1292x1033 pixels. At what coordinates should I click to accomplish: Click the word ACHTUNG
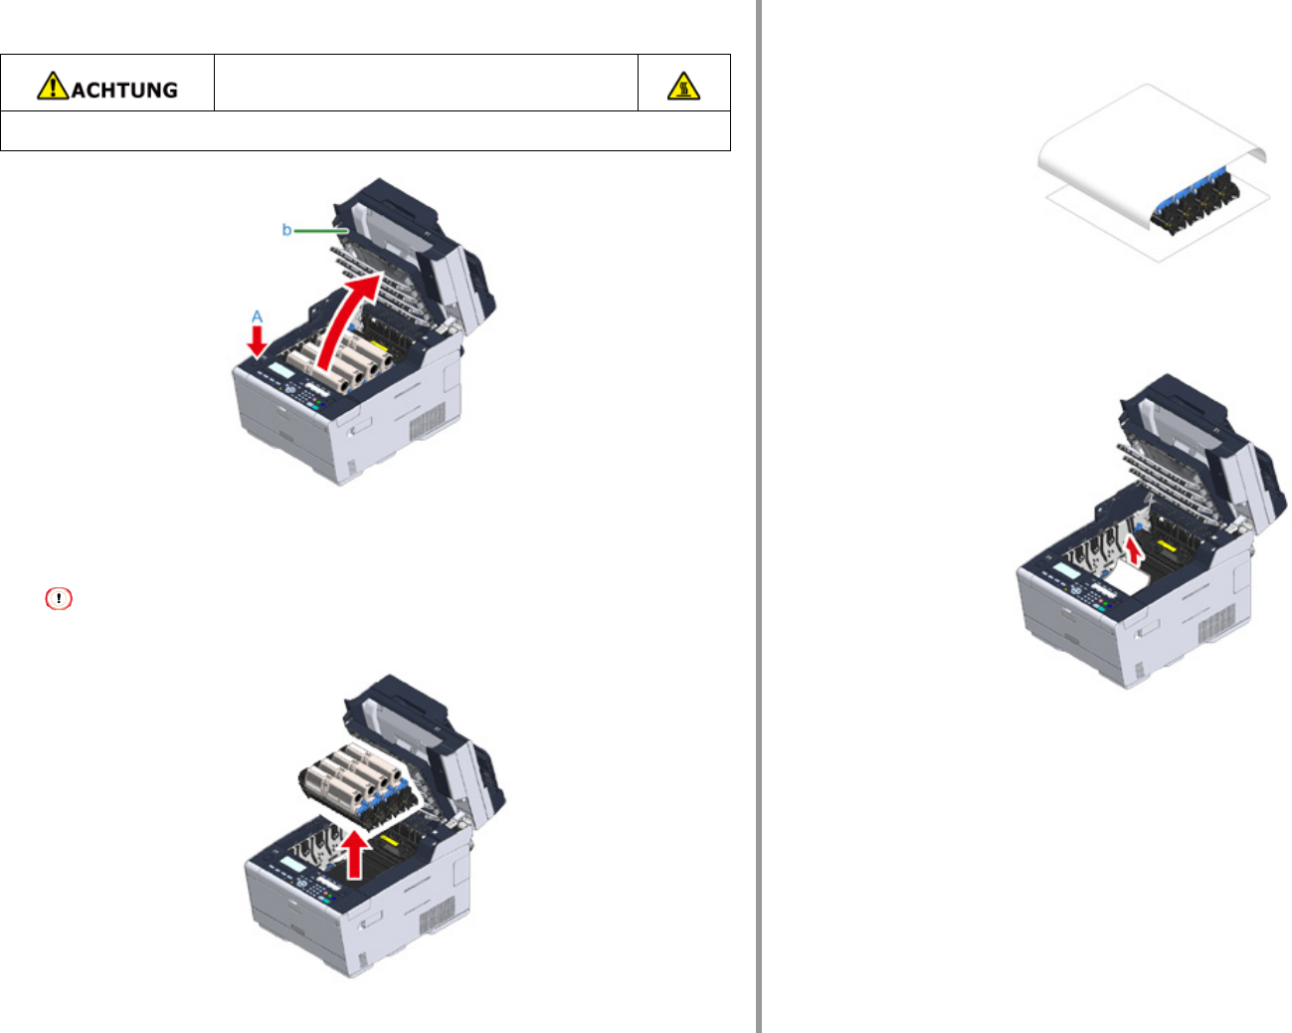click(x=125, y=91)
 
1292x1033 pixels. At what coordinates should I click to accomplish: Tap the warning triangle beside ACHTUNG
click(x=53, y=86)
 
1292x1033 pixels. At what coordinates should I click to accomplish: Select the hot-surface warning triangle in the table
click(x=683, y=86)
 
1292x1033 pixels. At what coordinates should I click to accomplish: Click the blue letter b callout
click(x=286, y=230)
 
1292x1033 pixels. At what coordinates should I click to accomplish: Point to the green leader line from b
click(x=321, y=230)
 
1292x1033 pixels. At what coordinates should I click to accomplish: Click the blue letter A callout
click(x=257, y=316)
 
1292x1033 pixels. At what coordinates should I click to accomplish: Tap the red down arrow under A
click(x=257, y=341)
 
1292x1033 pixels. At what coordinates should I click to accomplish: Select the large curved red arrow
click(x=348, y=320)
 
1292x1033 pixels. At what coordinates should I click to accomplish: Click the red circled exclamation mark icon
click(x=59, y=598)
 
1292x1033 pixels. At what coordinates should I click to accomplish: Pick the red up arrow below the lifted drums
click(x=355, y=854)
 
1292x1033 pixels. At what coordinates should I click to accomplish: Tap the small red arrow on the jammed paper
click(x=1133, y=550)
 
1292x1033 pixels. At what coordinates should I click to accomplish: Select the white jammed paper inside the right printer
click(x=1129, y=577)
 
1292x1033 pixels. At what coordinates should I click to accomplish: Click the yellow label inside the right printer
click(x=1166, y=546)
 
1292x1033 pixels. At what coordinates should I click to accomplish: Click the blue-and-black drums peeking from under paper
click(x=1195, y=202)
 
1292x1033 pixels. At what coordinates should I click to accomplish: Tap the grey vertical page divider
click(x=759, y=516)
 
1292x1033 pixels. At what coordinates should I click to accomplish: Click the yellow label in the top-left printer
click(x=379, y=346)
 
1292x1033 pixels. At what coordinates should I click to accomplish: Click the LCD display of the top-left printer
click(x=280, y=370)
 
